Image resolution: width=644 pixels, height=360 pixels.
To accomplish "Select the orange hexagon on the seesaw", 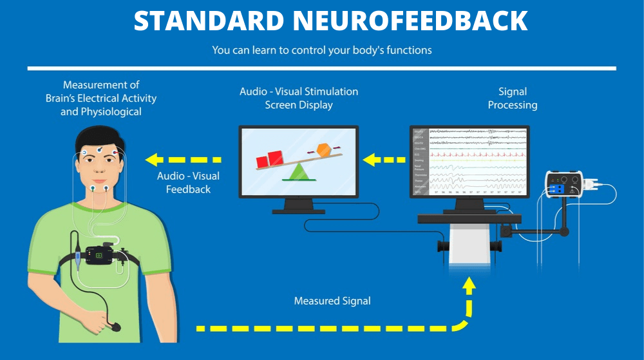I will point(323,153).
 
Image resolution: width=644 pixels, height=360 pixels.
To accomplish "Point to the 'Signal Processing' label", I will point(513,99).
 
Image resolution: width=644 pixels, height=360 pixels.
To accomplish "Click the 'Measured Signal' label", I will point(332,301).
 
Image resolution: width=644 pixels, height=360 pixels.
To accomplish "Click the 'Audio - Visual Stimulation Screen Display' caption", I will point(299,98).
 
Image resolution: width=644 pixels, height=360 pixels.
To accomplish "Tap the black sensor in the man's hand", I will point(114,327).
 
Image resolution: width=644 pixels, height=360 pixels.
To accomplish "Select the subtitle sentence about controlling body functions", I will point(322,50).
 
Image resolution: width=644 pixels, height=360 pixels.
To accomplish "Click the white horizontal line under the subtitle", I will point(322,68).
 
